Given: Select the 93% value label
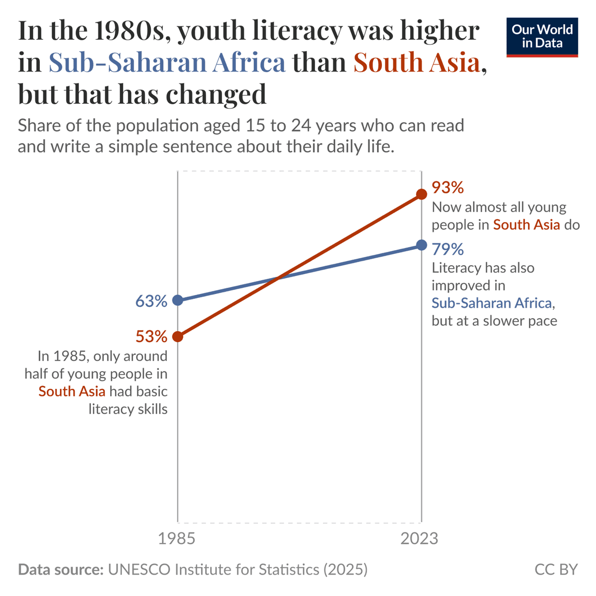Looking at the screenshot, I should [447, 188].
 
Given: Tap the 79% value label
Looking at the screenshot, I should [447, 248].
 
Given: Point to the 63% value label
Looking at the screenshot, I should [151, 301].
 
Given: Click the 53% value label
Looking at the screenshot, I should [151, 337].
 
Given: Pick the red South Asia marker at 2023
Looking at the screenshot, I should [421, 194].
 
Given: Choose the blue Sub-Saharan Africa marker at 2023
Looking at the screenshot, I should [421, 245].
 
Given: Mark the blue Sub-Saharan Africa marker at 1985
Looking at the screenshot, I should [177, 300].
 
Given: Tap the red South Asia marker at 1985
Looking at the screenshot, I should [177, 337].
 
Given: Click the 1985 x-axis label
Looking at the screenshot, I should [177, 538].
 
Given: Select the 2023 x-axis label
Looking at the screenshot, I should [420, 538].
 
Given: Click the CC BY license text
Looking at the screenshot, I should [556, 569].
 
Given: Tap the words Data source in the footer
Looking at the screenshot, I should [60, 569].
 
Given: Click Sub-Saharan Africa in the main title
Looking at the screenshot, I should [167, 63].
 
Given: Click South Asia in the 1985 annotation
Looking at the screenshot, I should [72, 391].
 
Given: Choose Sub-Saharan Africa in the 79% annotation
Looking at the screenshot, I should [492, 303].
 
